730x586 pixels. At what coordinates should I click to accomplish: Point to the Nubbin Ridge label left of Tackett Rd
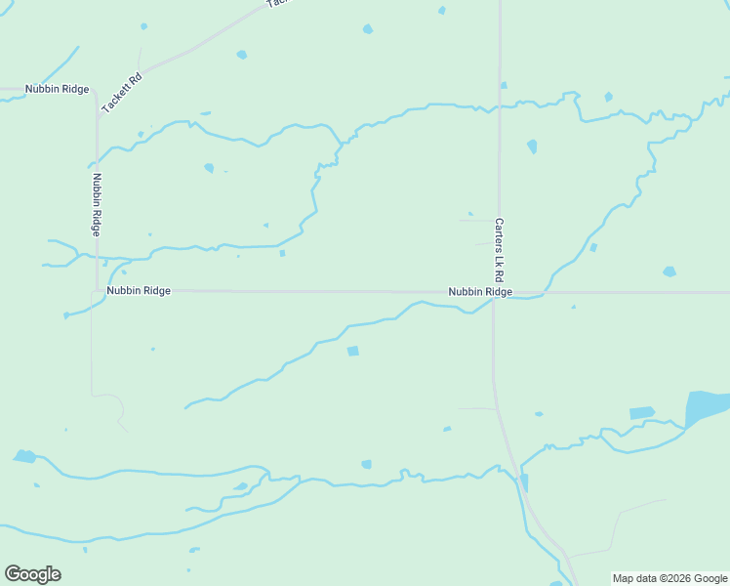click(58, 89)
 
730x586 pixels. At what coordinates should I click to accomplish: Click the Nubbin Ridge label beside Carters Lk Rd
click(480, 292)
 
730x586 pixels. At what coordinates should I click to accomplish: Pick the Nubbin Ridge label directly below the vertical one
click(139, 291)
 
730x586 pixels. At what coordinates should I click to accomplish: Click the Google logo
click(32, 574)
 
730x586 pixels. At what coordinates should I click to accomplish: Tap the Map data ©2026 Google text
click(669, 578)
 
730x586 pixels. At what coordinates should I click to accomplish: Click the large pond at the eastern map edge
click(707, 407)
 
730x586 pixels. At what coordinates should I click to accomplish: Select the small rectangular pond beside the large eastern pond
click(641, 413)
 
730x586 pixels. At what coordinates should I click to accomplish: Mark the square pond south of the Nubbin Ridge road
click(352, 351)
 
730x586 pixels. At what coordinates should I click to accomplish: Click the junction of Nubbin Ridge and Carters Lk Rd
click(495, 293)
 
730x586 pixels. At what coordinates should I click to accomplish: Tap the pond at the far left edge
click(24, 456)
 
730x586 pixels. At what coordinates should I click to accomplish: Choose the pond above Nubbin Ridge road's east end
click(669, 272)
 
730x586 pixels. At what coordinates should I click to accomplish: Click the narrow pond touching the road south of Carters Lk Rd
click(524, 482)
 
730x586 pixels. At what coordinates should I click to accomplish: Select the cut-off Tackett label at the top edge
click(278, 3)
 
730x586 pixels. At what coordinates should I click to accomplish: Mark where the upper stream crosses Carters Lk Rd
click(500, 106)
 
